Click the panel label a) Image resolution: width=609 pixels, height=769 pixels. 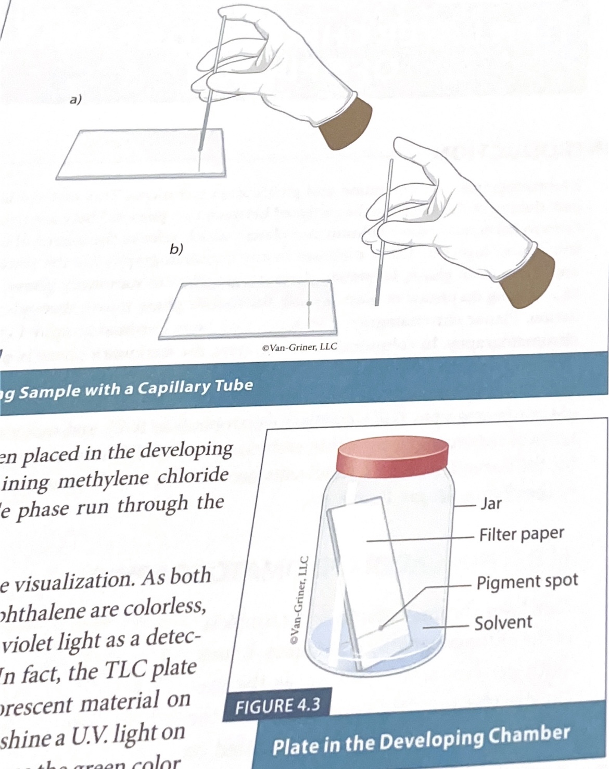(75, 100)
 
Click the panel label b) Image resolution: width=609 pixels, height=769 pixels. (176, 249)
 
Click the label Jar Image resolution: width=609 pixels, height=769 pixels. (491, 503)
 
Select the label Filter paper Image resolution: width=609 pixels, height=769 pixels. (522, 534)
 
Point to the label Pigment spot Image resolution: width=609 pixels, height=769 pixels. (527, 582)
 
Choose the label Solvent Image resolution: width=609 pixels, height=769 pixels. (503, 623)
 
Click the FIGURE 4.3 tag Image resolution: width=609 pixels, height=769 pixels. (277, 707)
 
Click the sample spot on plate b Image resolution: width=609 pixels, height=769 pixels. (309, 303)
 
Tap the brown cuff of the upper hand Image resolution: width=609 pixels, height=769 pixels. (346, 123)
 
